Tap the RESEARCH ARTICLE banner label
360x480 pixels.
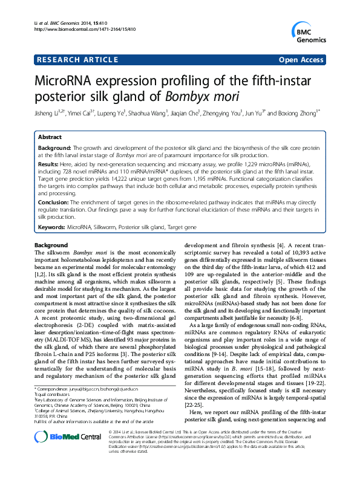coord(77,60)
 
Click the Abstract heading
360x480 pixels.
coord(52,138)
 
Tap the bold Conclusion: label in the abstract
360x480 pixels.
coord(53,203)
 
